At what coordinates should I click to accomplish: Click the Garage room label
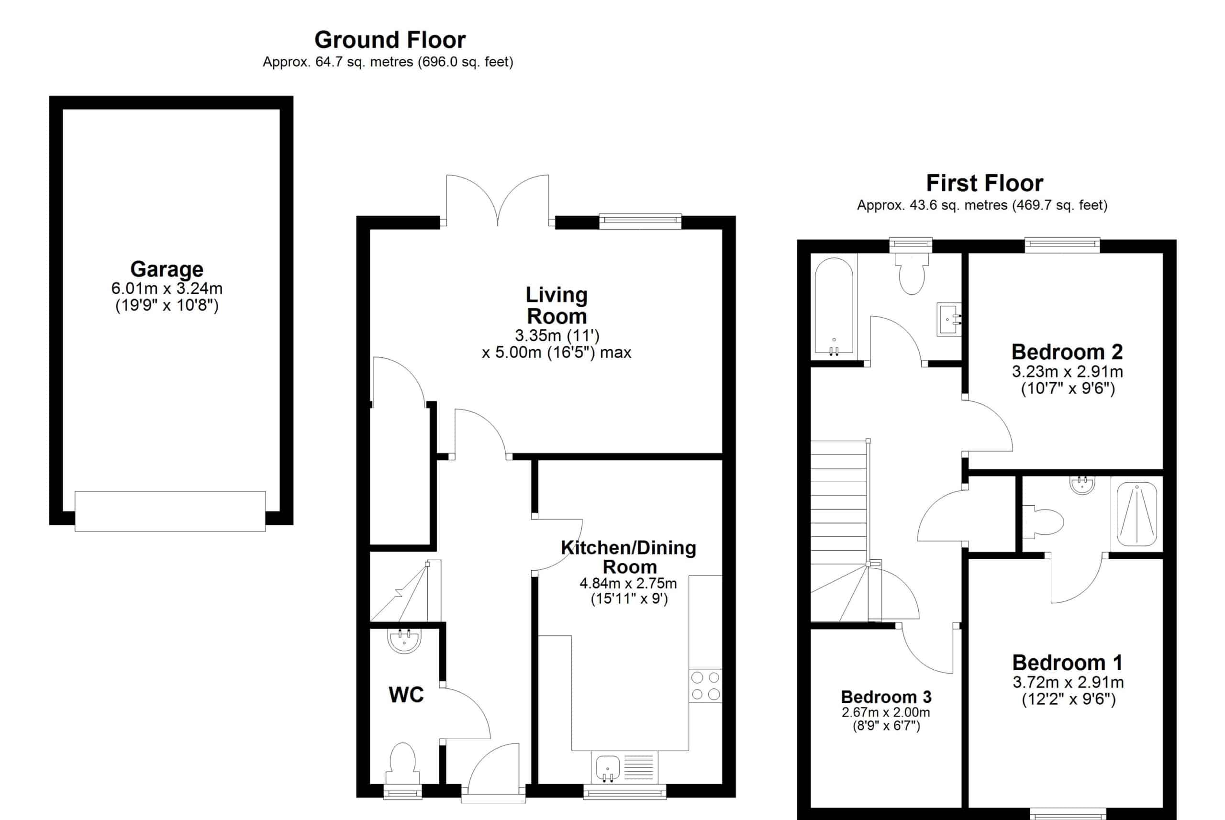tap(167, 269)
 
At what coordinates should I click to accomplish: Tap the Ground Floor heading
tap(390, 40)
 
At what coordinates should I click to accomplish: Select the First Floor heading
tap(984, 183)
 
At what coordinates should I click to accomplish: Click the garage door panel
tap(170, 511)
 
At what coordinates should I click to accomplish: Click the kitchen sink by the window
tap(608, 768)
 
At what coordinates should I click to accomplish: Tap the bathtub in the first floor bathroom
tap(834, 306)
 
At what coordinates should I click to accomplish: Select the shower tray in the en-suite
tap(1136, 514)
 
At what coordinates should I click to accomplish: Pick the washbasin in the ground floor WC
tap(404, 641)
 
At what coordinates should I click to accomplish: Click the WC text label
tap(406, 695)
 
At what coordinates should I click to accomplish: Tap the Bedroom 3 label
tap(886, 697)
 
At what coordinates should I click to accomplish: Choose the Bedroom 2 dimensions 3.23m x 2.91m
tap(1068, 372)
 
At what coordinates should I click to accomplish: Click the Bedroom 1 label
tap(1068, 663)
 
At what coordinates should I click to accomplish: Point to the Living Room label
tap(557, 305)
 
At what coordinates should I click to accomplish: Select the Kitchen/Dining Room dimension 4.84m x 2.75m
tap(628, 583)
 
